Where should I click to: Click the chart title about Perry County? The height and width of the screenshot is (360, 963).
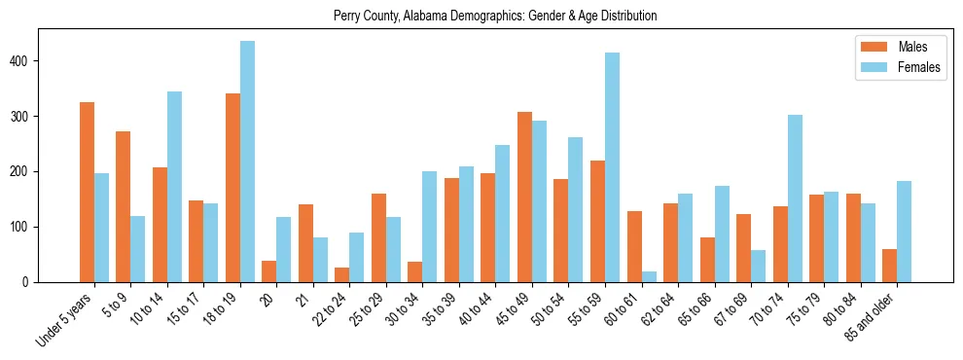tap(495, 16)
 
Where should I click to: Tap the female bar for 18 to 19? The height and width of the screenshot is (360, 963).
tap(247, 162)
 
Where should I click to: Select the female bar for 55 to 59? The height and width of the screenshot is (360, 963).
tap(612, 167)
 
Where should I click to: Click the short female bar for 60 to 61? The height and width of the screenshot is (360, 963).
tap(649, 276)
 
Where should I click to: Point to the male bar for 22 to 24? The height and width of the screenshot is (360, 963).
tap(342, 274)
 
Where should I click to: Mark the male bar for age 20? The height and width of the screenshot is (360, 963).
tap(269, 271)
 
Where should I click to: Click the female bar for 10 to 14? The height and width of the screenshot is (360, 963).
tap(174, 187)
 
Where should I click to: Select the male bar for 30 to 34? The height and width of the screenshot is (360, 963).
tap(415, 271)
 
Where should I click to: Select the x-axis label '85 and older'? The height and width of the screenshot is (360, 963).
tap(872, 317)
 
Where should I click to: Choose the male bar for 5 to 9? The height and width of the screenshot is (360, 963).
tap(124, 206)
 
